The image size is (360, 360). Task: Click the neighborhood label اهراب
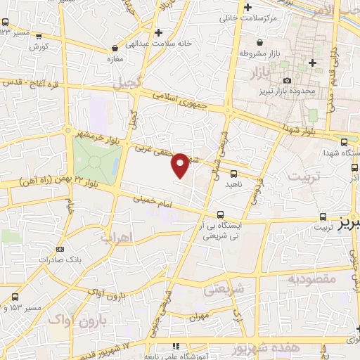coord(117,238)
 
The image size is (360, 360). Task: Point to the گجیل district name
coord(127,82)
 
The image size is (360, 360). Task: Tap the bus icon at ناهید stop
coord(233,174)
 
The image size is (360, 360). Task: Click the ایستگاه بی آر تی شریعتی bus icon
coord(221,214)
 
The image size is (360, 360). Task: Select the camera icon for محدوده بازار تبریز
coord(288,81)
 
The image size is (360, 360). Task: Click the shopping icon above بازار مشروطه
coord(250,42)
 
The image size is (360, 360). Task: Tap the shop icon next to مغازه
coord(115,49)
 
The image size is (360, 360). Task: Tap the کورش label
coord(39,46)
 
